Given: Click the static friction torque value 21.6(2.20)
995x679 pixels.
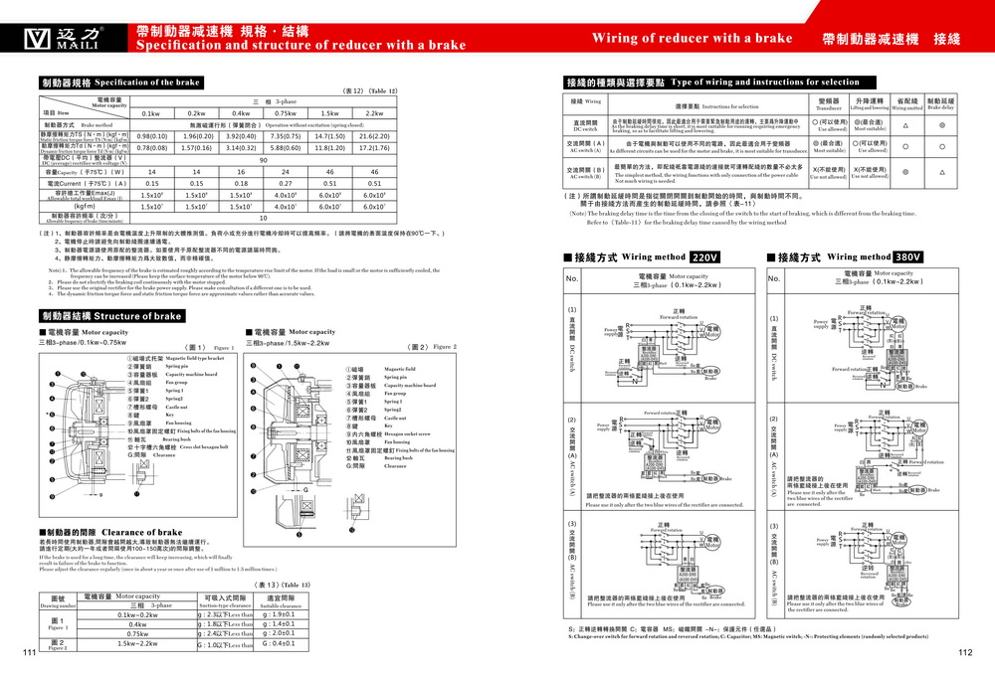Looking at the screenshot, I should coord(374,135).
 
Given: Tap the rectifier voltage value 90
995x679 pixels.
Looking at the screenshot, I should coord(263,159).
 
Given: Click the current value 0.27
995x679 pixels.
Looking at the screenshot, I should coord(286,183).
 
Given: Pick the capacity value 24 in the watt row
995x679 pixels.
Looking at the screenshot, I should coord(286,171).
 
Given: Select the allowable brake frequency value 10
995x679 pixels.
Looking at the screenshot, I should coord(263,217).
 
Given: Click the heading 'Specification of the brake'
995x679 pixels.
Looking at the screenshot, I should coord(119,83).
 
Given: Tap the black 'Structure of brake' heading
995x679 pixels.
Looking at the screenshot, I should coord(110,315).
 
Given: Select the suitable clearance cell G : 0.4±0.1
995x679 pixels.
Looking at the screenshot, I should coord(279,643).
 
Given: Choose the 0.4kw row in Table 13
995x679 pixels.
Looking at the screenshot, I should coord(137,623).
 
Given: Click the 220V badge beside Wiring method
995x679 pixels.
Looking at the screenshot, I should coord(704,256).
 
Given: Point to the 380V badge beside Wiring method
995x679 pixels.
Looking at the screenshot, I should coord(908,256).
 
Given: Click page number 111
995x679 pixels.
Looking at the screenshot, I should coord(29,652).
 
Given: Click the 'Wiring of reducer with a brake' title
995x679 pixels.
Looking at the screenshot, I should coord(692,39).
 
